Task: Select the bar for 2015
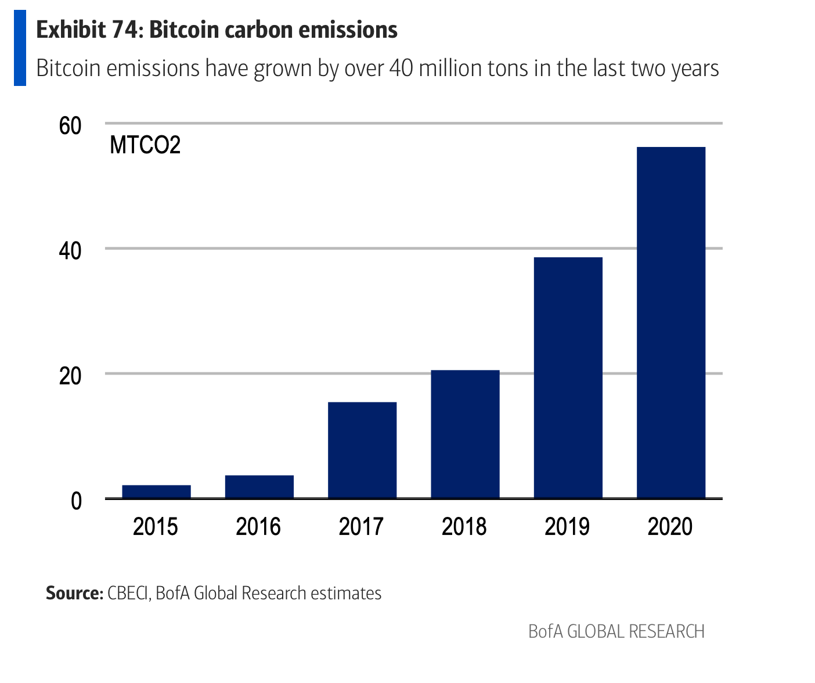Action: coord(156,491)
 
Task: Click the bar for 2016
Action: coord(259,487)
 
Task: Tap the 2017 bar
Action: coord(362,450)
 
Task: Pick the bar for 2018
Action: coord(465,434)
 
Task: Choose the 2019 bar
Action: coord(568,378)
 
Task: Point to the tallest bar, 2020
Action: coord(671,322)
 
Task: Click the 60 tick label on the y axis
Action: coord(70,125)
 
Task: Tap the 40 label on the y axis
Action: coord(70,250)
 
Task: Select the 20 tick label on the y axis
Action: coord(70,376)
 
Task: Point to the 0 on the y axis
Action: coord(76,501)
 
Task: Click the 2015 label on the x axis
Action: coord(156,527)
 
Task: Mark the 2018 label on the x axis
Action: coord(464,527)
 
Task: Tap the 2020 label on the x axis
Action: coord(670,527)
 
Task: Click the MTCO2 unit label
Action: coord(145,145)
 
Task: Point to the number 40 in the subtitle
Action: coord(401,69)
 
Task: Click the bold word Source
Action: coord(74,593)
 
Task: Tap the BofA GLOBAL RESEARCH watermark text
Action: coord(616,631)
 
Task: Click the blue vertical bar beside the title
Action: coord(20,48)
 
